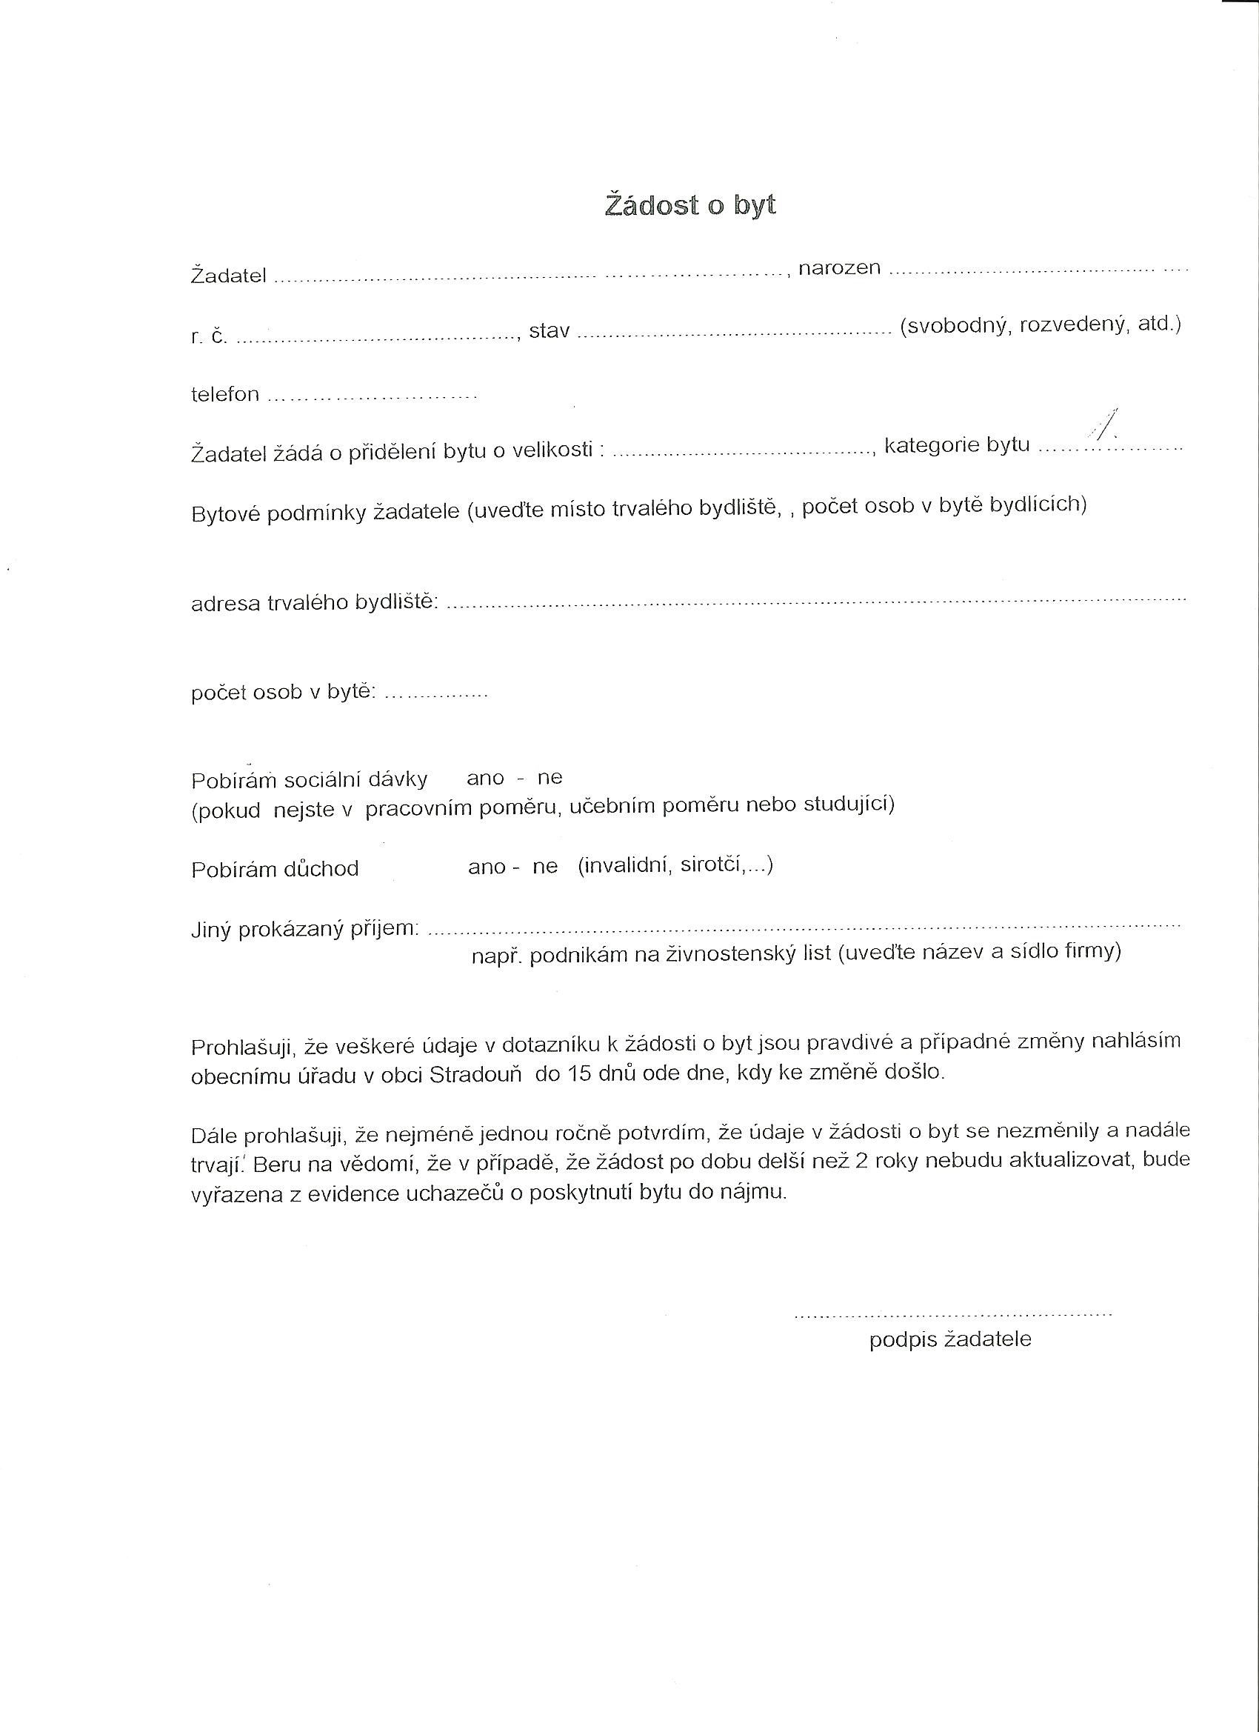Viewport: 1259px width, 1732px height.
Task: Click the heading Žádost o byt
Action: [690, 205]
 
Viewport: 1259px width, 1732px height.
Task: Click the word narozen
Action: [839, 268]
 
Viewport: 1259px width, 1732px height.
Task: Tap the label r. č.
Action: [208, 336]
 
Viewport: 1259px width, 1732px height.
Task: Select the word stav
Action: [549, 331]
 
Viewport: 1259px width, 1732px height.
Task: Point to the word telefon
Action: [225, 395]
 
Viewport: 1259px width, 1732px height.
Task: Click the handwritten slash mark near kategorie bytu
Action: [1106, 425]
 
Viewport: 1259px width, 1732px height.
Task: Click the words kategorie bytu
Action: [957, 444]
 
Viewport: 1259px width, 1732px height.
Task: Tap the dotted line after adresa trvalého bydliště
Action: [815, 601]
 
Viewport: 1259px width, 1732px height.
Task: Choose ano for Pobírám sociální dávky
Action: [486, 778]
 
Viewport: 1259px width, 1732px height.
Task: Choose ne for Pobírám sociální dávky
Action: [550, 778]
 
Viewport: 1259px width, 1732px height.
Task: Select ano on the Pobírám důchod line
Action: [487, 867]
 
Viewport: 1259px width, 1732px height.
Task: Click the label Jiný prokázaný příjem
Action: [304, 930]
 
